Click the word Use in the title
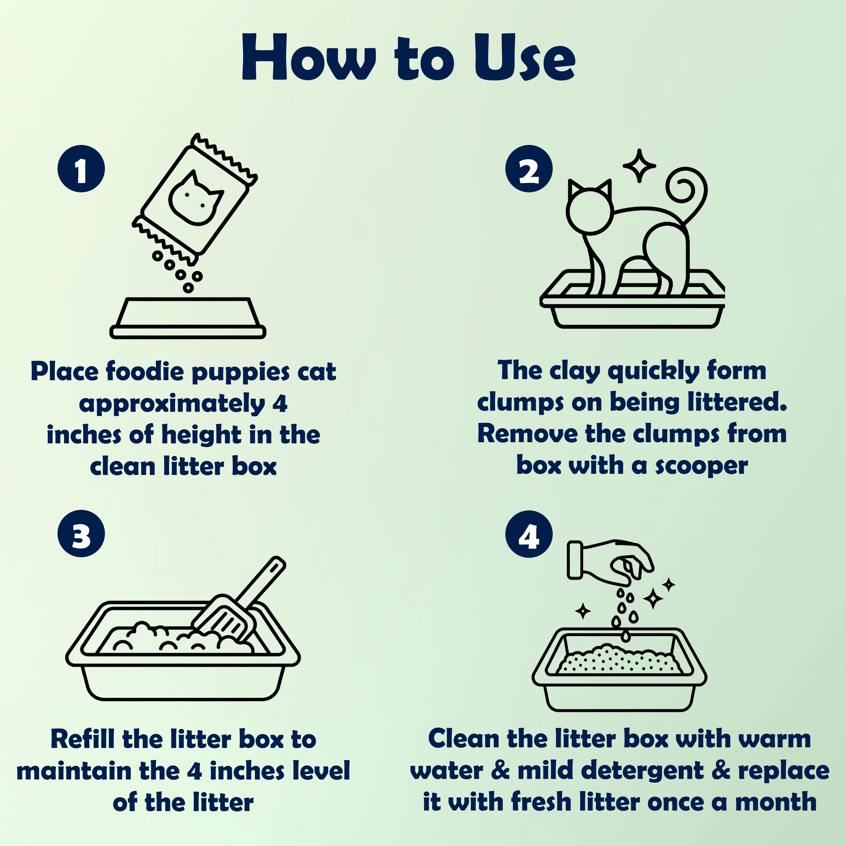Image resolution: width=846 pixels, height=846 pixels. click(525, 57)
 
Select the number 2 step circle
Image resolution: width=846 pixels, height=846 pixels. click(529, 169)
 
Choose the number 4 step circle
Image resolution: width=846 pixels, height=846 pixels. click(529, 534)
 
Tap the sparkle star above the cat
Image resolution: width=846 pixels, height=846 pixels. click(639, 166)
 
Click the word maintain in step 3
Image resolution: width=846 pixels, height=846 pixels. click(74, 771)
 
